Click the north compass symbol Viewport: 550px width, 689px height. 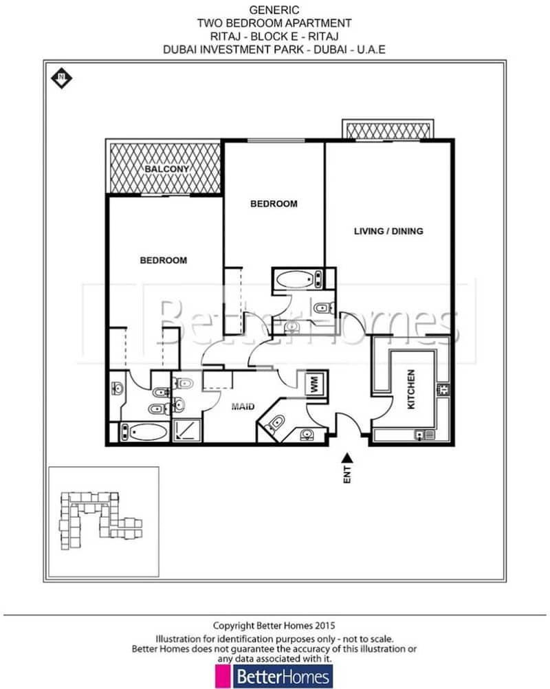61,78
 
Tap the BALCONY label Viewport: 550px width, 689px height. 167,169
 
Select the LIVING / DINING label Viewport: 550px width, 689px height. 388,231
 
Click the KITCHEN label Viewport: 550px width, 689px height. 410,389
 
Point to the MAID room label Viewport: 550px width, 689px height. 243,406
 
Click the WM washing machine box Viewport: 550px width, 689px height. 316,385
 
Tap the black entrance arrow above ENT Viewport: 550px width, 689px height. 347,458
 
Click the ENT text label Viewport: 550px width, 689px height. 347,475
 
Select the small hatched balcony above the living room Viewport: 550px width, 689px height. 388,131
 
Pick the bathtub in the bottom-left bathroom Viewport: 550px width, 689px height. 144,432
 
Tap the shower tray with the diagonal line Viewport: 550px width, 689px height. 186,430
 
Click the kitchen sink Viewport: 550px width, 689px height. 424,435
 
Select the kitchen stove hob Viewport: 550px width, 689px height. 443,389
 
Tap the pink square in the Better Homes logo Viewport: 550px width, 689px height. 223,676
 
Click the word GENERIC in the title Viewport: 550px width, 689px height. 274,10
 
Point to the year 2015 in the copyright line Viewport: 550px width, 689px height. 324,625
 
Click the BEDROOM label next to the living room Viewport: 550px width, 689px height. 274,204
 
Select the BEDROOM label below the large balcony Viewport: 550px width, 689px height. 164,261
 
